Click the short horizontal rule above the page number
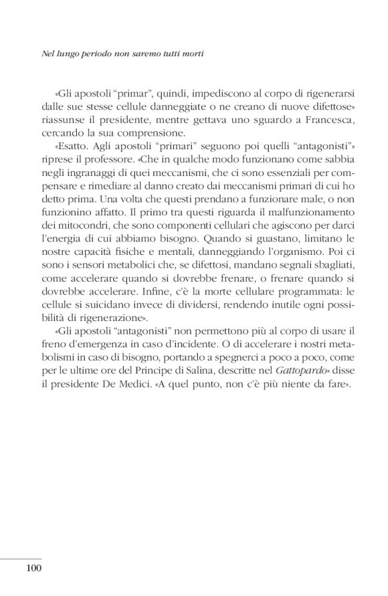[21, 557]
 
